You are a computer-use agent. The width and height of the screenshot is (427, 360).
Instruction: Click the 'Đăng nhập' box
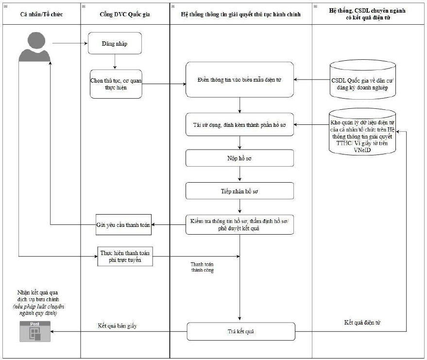pyautogui.click(x=115, y=43)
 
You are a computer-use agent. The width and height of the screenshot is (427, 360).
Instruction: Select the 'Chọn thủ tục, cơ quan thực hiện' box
pyautogui.click(x=116, y=84)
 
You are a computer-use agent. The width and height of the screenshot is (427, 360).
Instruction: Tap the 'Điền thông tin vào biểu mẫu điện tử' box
pyautogui.click(x=239, y=80)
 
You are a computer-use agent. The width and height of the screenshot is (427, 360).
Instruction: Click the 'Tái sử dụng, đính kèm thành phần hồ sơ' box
pyautogui.click(x=239, y=125)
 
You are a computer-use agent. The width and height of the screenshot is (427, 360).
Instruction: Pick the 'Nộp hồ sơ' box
pyautogui.click(x=239, y=158)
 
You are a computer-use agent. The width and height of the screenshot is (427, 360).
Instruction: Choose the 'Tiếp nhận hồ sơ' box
pyautogui.click(x=239, y=191)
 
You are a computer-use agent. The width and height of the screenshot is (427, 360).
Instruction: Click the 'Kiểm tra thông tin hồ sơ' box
pyautogui.click(x=239, y=224)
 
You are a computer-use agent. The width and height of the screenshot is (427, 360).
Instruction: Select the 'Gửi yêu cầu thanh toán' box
pyautogui.click(x=123, y=224)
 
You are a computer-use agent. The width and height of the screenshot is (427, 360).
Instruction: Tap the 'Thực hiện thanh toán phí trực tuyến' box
pyautogui.click(x=125, y=256)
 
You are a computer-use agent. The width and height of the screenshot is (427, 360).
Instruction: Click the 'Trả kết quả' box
pyautogui.click(x=241, y=331)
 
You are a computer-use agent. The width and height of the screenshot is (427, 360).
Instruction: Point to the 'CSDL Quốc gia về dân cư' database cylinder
pyautogui.click(x=362, y=80)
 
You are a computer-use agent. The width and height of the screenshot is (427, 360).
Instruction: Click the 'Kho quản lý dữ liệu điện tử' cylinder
pyautogui.click(x=362, y=132)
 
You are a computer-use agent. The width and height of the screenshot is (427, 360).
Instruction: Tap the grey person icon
pyautogui.click(x=34, y=47)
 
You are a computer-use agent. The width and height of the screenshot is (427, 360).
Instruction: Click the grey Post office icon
pyautogui.click(x=35, y=331)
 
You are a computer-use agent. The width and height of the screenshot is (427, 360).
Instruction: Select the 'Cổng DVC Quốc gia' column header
pyautogui.click(x=125, y=14)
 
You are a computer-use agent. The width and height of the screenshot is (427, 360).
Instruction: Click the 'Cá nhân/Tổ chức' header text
pyautogui.click(x=41, y=14)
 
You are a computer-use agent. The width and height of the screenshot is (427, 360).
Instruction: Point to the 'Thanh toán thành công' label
pyautogui.click(x=202, y=267)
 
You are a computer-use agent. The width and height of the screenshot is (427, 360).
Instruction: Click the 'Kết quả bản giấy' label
pyautogui.click(x=118, y=326)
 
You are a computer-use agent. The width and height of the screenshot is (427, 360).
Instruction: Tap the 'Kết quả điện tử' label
pyautogui.click(x=362, y=323)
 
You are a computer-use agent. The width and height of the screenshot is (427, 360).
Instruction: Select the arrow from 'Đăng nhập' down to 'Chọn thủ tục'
pyautogui.click(x=115, y=62)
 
